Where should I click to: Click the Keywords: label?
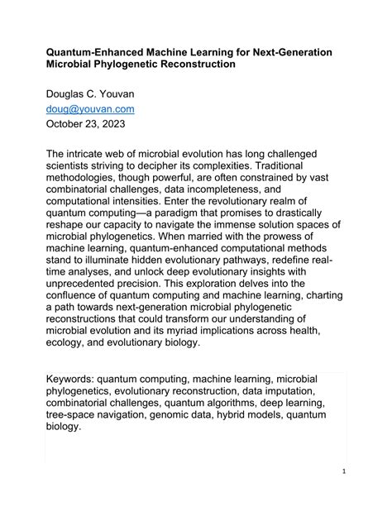tap(74, 380)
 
